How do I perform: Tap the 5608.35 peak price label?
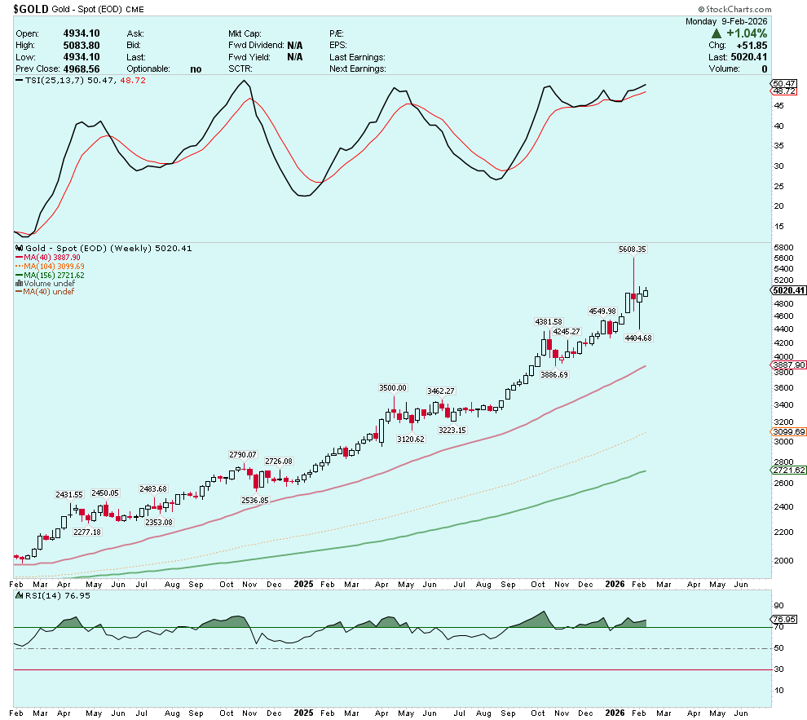pyautogui.click(x=633, y=249)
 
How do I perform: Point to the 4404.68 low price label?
pyautogui.click(x=638, y=338)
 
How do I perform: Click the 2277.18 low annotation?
pyautogui.click(x=86, y=532)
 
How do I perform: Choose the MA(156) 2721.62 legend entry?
pyautogui.click(x=54, y=276)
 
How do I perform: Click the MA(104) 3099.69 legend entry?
pyautogui.click(x=54, y=267)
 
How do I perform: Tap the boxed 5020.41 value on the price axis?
pyautogui.click(x=788, y=290)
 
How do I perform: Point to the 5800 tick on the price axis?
pyautogui.click(x=783, y=247)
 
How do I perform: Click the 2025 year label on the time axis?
pyautogui.click(x=302, y=585)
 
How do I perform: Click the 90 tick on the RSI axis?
pyautogui.click(x=778, y=606)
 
